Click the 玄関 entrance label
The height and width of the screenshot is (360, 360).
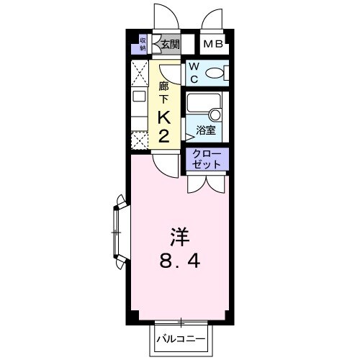(x=170, y=45)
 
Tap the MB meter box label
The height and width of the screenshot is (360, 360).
(x=213, y=45)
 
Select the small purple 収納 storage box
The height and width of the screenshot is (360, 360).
(x=143, y=45)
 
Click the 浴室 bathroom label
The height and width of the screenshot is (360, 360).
(x=207, y=130)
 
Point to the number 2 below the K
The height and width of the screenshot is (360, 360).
(x=163, y=136)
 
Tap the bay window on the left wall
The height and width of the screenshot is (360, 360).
(x=117, y=233)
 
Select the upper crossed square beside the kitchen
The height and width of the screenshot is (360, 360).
(x=140, y=75)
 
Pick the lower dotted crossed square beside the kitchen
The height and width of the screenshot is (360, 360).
(x=140, y=140)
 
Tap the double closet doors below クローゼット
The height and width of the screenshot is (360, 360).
(x=207, y=184)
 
